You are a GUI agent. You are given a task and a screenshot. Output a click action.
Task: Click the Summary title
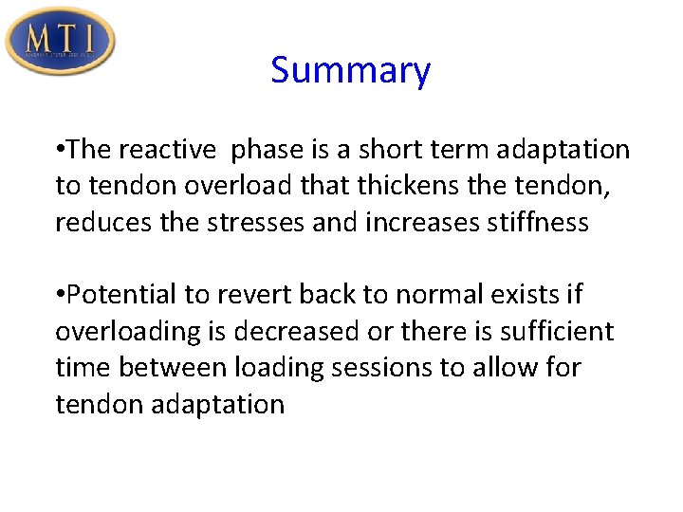point(350,70)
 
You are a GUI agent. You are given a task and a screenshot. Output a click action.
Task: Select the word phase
point(268,150)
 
